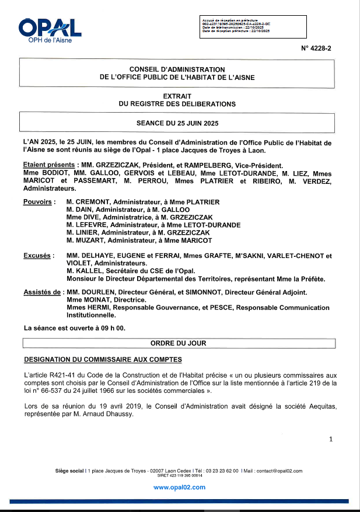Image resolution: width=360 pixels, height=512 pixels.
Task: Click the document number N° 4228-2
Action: pyautogui.click(x=316, y=50)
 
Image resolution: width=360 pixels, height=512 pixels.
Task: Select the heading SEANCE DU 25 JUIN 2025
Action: pyautogui.click(x=177, y=123)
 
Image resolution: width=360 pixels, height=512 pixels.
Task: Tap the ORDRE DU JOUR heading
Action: pyautogui.click(x=178, y=343)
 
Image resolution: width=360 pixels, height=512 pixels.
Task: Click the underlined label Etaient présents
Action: pyautogui.click(x=48, y=165)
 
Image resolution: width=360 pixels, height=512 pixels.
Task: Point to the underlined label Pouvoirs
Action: pyautogui.click(x=39, y=202)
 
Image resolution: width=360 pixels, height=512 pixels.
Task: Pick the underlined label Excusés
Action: pyautogui.click(x=39, y=256)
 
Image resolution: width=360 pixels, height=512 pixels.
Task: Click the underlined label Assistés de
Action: pyautogui.click(x=42, y=292)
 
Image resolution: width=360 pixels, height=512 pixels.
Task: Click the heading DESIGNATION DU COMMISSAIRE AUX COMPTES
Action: pyautogui.click(x=102, y=358)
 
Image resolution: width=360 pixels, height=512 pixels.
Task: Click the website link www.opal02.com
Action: pyautogui.click(x=179, y=486)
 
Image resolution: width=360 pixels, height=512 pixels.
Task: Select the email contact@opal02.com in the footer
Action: pyautogui.click(x=279, y=471)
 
